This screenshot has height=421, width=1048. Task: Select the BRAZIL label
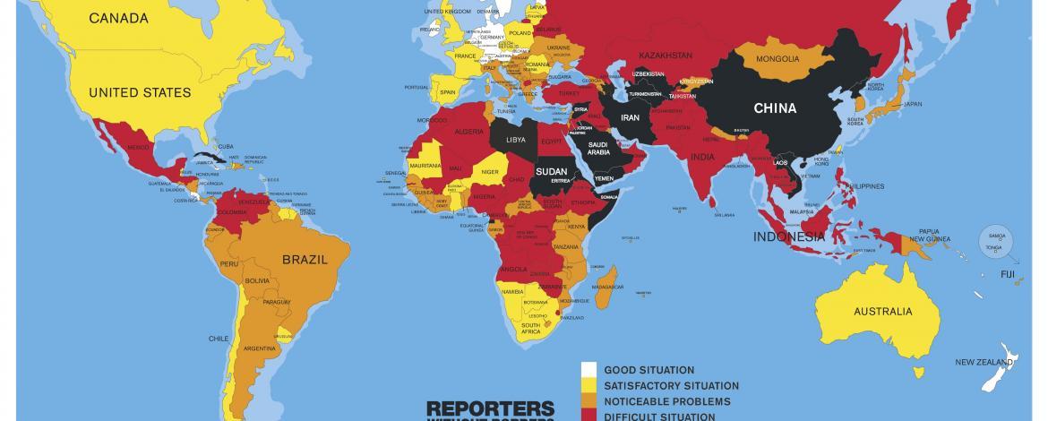click(x=305, y=259)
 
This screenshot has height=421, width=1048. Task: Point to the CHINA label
click(x=775, y=108)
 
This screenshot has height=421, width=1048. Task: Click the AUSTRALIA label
click(x=883, y=312)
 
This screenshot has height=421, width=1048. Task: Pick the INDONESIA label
click(x=788, y=237)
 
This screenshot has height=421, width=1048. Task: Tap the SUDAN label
click(x=552, y=170)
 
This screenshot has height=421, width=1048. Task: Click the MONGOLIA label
click(x=777, y=60)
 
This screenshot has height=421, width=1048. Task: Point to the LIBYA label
click(x=516, y=141)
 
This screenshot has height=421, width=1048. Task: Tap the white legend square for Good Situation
click(x=588, y=370)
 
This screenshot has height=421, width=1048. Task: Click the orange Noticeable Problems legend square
click(x=588, y=401)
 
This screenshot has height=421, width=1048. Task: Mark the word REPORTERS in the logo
click(x=490, y=407)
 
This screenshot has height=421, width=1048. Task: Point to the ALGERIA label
click(x=470, y=131)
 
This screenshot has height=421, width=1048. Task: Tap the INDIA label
click(x=701, y=157)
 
